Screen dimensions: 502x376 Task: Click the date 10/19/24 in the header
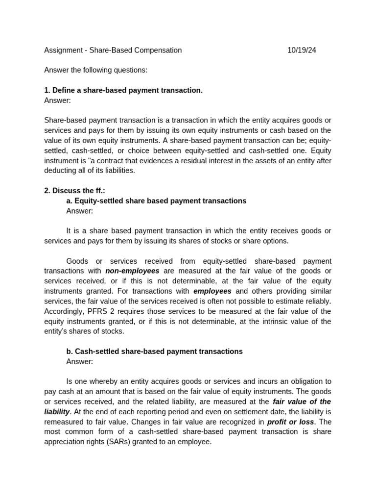[302, 50]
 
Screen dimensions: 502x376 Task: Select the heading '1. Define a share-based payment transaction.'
[123, 90]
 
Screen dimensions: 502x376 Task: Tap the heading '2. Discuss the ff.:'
[74, 191]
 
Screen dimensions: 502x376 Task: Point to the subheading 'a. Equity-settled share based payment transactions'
[156, 201]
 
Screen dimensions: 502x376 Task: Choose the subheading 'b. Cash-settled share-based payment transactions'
[154, 351]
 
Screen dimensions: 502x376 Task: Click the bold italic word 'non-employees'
[132, 271]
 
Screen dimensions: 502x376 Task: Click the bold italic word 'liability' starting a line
[57, 411]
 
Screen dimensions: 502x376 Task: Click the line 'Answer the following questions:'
[95, 70]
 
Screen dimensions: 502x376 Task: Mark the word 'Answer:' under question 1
[57, 100]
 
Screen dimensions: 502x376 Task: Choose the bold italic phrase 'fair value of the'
[302, 402]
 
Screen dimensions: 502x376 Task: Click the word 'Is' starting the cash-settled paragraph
[70, 381]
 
